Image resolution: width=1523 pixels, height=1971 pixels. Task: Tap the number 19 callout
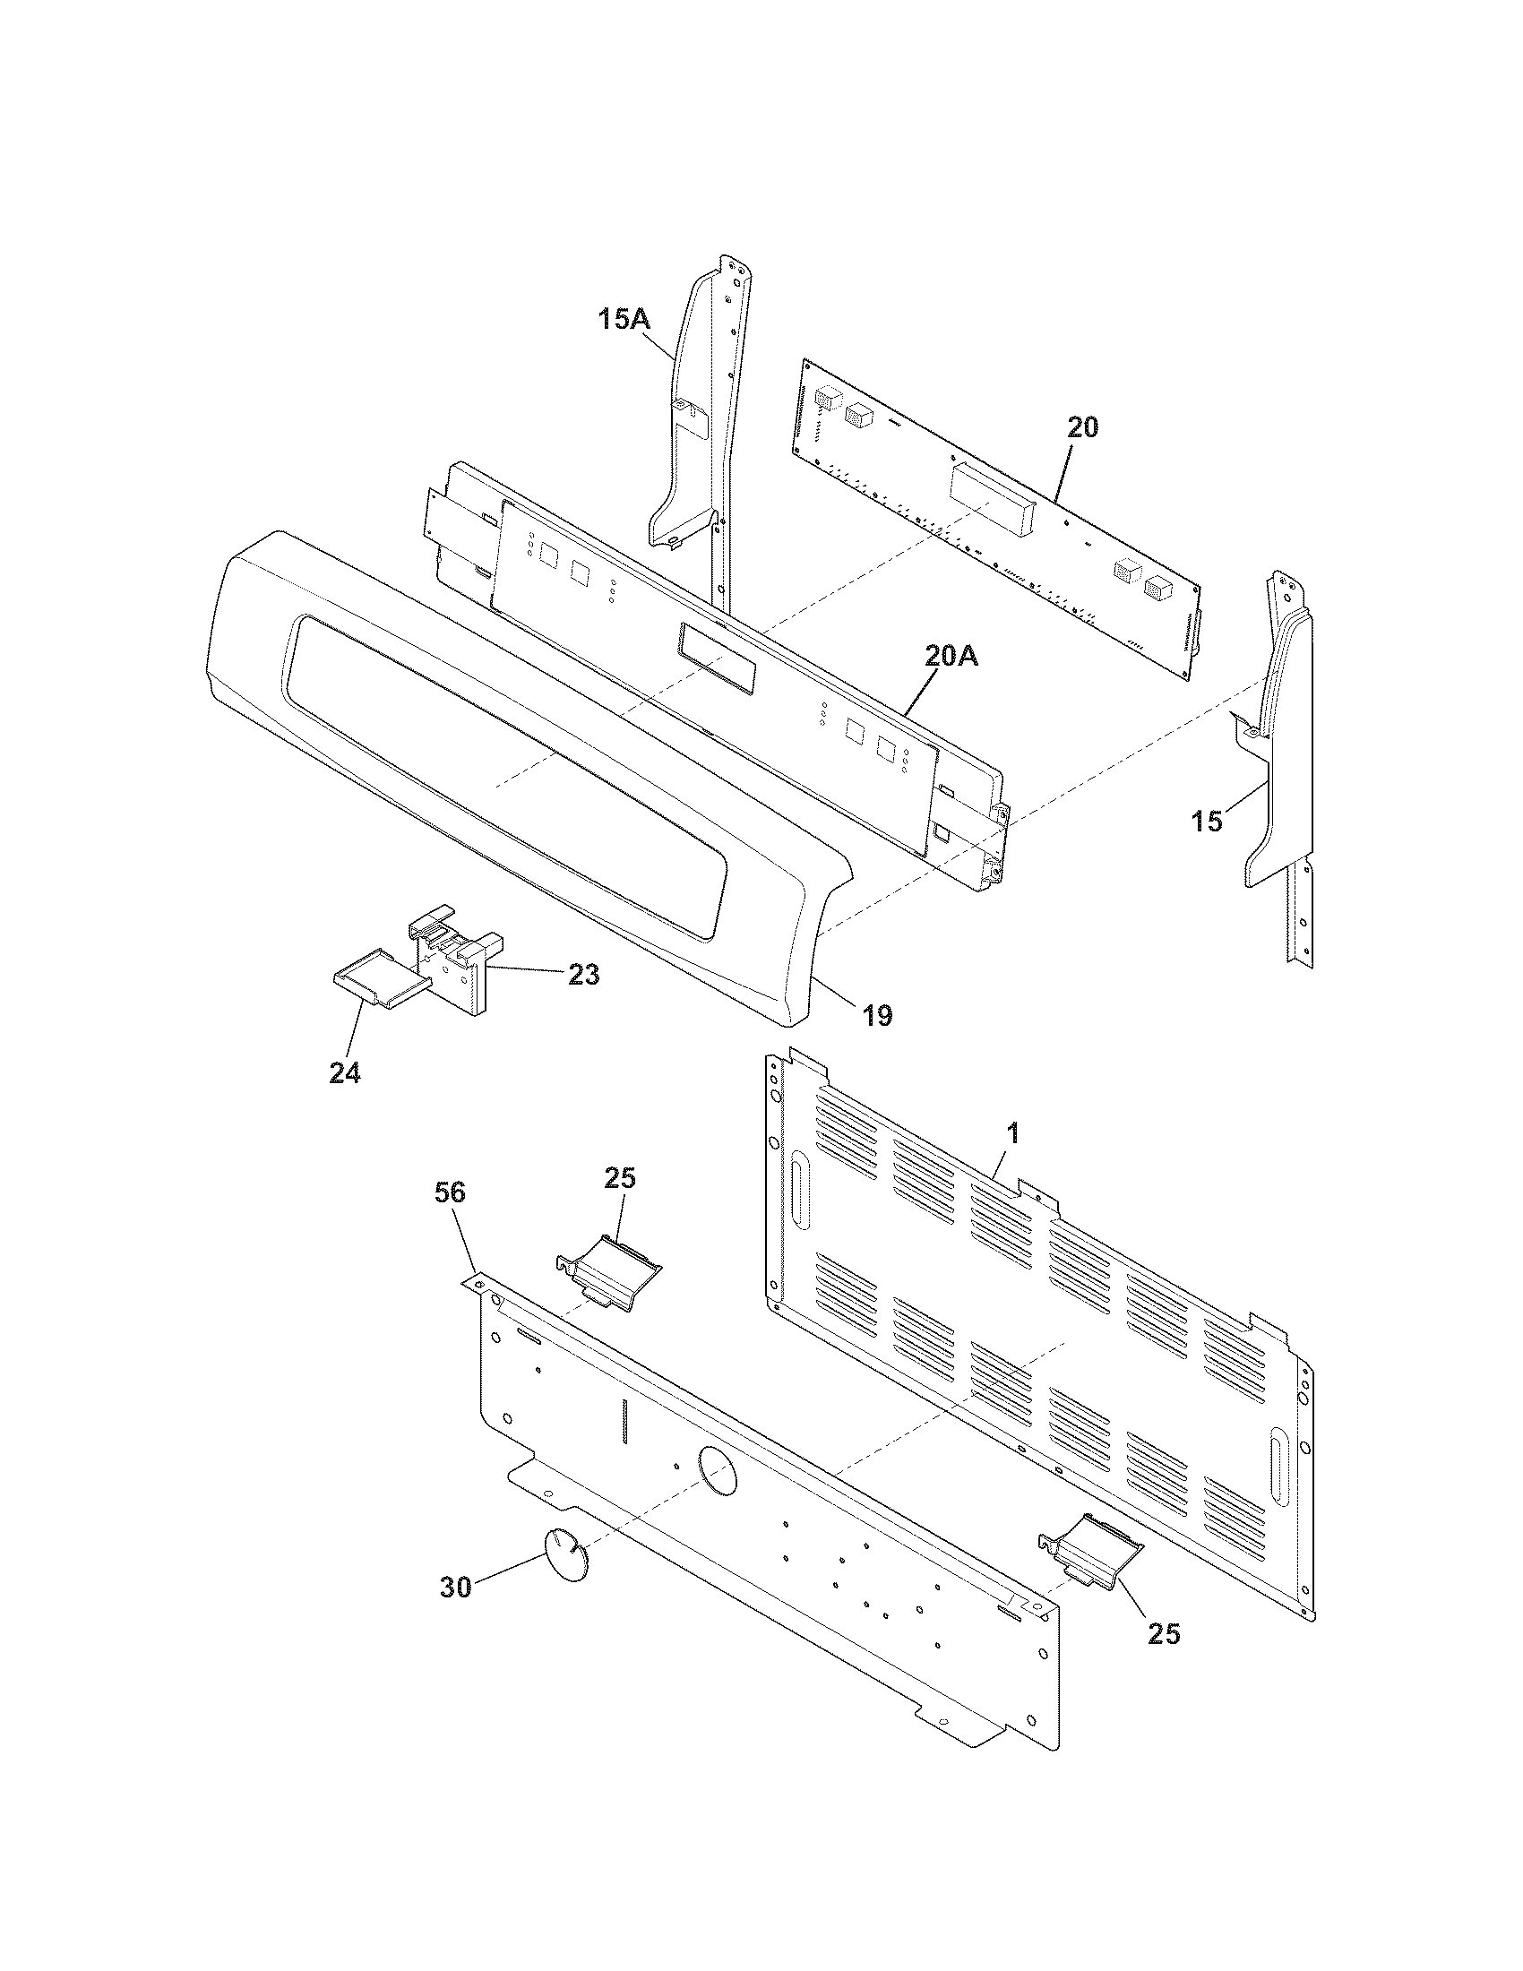pyautogui.click(x=876, y=1016)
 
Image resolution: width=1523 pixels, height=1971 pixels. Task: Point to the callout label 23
pyautogui.click(x=583, y=975)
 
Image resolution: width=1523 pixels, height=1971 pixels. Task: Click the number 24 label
pyautogui.click(x=345, y=1073)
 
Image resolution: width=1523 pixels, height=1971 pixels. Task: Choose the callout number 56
pyautogui.click(x=451, y=1192)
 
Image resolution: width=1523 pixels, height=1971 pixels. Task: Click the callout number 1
pyautogui.click(x=1012, y=1133)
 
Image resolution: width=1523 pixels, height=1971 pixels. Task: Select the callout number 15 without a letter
pyautogui.click(x=1207, y=822)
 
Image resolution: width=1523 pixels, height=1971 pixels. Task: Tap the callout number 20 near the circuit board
pyautogui.click(x=1083, y=426)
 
